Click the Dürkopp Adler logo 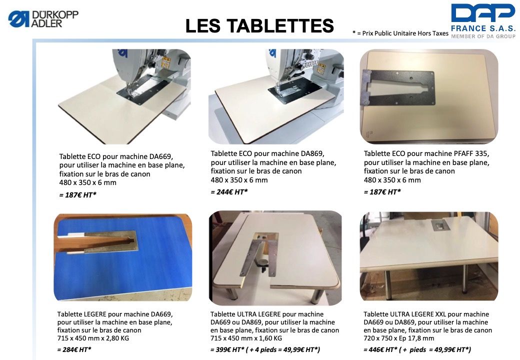click(x=43, y=18)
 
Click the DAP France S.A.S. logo click(x=483, y=21)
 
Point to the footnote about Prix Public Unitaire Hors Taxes click(x=400, y=33)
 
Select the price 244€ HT click(x=229, y=191)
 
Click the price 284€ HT click(x=74, y=349)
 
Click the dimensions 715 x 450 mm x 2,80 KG click(x=93, y=338)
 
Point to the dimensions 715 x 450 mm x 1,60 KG click(x=246, y=338)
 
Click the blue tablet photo click(x=123, y=257)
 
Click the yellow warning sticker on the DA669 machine click(x=166, y=62)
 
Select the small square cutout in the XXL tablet click(x=440, y=225)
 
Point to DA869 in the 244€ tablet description click(x=312, y=153)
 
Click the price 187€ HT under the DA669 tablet click(x=77, y=194)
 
